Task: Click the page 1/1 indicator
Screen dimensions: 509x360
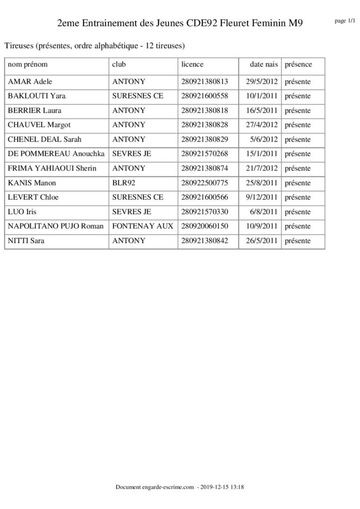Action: point(346,20)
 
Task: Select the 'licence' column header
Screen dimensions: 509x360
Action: point(192,65)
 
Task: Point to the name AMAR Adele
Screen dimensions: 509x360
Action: point(30,82)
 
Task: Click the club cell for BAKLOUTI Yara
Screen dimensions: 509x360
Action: point(138,96)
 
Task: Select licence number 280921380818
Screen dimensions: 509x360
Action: point(204,110)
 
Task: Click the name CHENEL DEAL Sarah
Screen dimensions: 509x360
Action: point(45,139)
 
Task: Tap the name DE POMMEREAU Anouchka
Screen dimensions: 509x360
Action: point(56,154)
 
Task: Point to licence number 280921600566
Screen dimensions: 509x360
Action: point(204,197)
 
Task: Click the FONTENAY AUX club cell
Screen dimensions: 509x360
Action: point(143,226)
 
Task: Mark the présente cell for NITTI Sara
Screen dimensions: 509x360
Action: point(297,241)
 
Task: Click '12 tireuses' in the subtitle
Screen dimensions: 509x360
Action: point(165,46)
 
